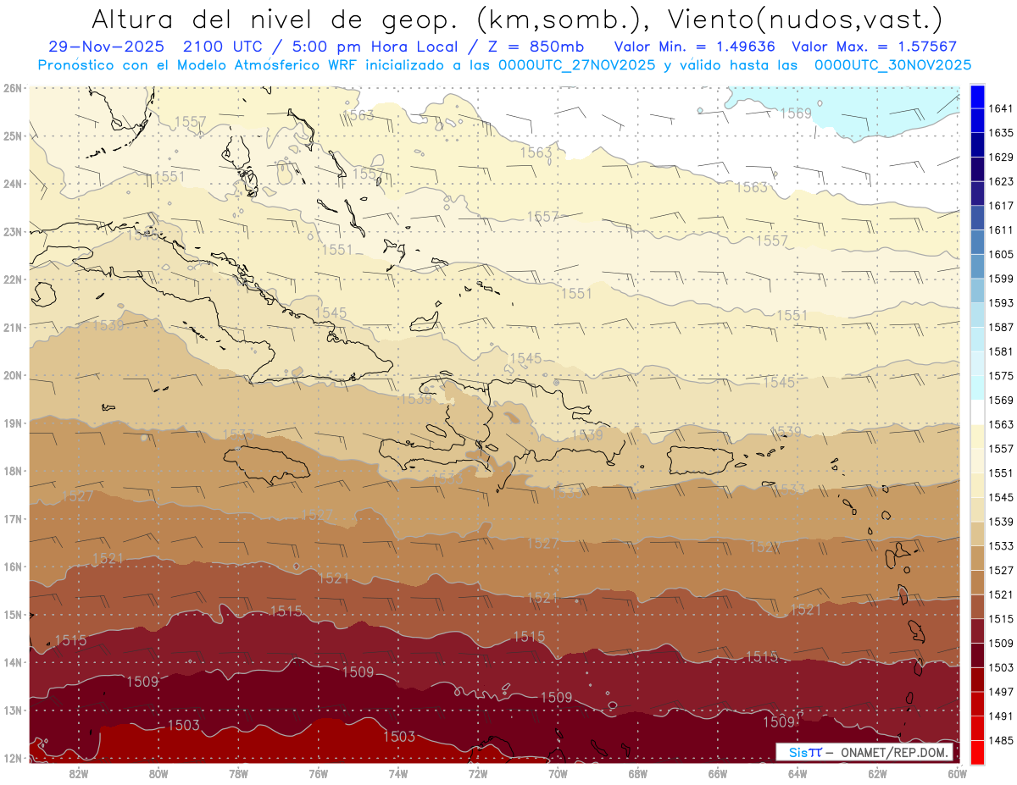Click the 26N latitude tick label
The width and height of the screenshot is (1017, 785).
[x=13, y=88]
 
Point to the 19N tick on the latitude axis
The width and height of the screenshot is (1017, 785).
[x=13, y=423]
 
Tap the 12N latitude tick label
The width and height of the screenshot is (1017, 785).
[x=13, y=758]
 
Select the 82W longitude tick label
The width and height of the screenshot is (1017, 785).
[x=79, y=773]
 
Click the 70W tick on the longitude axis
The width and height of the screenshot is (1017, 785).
[x=558, y=773]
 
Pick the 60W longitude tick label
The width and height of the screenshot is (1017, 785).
[x=958, y=773]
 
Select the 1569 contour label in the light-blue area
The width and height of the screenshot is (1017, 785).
[x=795, y=113]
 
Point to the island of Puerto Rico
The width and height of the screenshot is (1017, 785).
[x=700, y=460]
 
